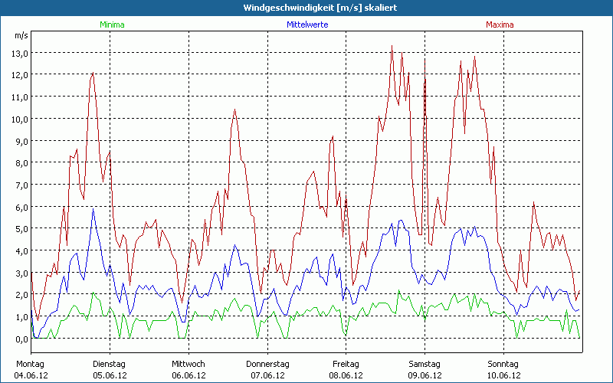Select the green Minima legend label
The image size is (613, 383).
[112, 25]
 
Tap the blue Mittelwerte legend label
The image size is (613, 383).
[306, 25]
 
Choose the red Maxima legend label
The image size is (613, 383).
[500, 25]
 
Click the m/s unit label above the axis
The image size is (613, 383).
[21, 35]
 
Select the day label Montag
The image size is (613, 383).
[30, 364]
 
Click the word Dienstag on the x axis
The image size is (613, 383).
[109, 364]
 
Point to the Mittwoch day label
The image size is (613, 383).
[188, 364]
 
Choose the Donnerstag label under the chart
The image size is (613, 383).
[267, 364]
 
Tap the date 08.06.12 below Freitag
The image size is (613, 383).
[346, 375]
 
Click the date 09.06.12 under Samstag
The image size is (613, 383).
[425, 375]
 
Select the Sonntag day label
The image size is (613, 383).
[503, 364]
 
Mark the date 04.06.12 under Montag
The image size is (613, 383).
[30, 375]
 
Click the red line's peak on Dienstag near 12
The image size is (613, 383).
[93, 74]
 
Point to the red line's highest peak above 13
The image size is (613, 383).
[392, 46]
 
